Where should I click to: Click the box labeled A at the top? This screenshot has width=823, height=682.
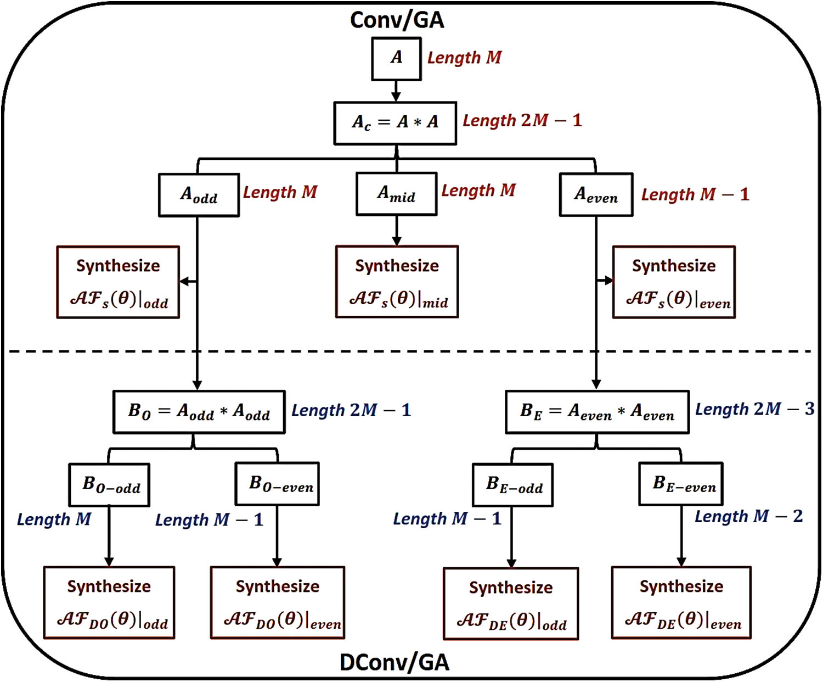[396, 59]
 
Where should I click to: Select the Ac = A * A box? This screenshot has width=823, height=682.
[395, 123]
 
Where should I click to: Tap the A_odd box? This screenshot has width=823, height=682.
[199, 195]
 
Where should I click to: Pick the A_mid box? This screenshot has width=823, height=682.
[396, 194]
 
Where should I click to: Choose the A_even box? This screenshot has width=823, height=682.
[596, 195]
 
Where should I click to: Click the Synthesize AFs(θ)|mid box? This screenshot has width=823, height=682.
[397, 282]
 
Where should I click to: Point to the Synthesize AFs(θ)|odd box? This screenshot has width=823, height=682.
[118, 282]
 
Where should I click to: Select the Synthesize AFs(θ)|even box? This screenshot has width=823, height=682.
[674, 282]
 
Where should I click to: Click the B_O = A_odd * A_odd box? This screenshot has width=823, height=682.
[199, 412]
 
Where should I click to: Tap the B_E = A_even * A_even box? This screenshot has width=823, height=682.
[597, 412]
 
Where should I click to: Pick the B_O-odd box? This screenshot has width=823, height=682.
[109, 485]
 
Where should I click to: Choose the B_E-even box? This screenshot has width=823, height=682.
[680, 484]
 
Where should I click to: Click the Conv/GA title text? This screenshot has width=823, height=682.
[397, 20]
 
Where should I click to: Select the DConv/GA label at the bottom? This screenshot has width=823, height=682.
[394, 663]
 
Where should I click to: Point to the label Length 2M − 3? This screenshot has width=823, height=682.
[754, 409]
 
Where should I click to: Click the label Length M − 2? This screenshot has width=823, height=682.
[748, 517]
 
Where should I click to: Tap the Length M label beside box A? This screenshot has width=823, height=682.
[464, 58]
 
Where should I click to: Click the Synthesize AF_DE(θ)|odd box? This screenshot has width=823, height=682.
[511, 604]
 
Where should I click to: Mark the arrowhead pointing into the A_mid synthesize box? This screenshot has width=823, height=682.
[397, 241]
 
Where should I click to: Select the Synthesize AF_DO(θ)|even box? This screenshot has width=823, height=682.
[278, 603]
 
